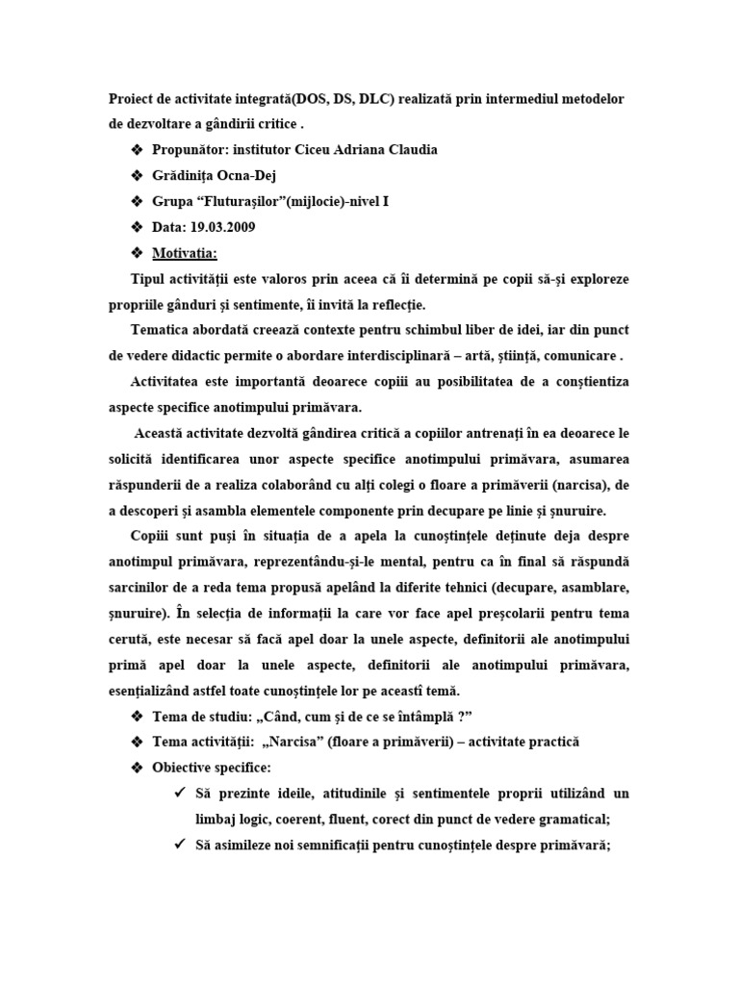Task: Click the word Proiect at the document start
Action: point(132,98)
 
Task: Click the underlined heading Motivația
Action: point(185,253)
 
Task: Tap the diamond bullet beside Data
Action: point(136,227)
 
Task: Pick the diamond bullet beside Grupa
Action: point(136,201)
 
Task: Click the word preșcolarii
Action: point(523,614)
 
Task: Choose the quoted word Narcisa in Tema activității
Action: point(297,743)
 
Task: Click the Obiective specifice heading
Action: point(212,768)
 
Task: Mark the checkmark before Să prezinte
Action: point(180,794)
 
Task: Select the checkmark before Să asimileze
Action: point(180,846)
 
